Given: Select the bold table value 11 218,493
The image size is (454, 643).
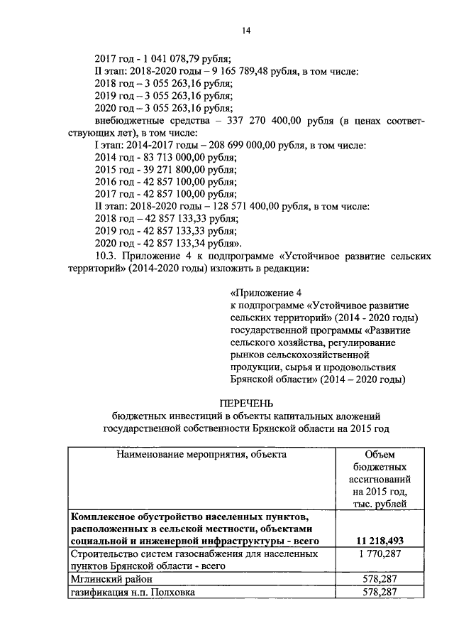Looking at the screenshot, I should [x=380, y=542].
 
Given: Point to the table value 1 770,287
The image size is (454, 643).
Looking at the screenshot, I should [x=380, y=554].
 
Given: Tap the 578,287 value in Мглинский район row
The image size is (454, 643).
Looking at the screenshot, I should [x=380, y=579].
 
